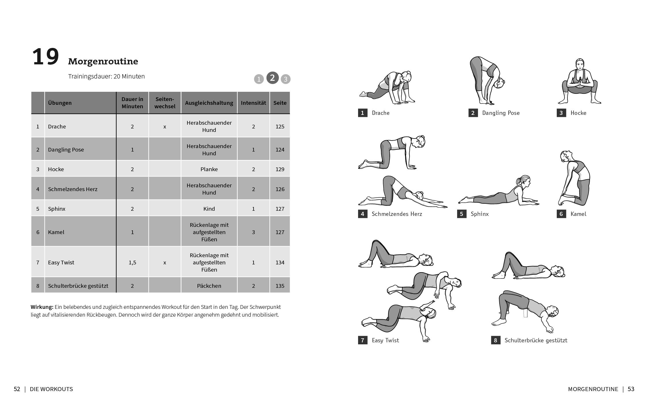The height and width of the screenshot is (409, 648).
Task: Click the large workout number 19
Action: tap(46, 57)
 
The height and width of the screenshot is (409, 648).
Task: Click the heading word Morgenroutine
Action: tap(103, 61)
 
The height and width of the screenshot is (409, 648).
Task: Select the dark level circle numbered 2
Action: tap(272, 78)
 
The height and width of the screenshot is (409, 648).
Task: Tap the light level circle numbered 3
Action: tap(286, 79)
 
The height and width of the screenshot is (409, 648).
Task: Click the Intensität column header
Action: tap(253, 103)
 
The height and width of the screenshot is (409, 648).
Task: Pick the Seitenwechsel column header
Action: tap(165, 103)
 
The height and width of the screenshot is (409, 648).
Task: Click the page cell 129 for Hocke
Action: tap(280, 169)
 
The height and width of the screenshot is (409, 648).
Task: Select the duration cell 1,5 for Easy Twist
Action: tap(132, 262)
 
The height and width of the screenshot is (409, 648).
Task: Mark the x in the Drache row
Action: tap(165, 126)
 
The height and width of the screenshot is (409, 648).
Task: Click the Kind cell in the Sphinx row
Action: tap(209, 209)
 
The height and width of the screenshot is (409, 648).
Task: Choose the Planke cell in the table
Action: tap(209, 169)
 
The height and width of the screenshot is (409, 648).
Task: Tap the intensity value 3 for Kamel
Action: tap(253, 232)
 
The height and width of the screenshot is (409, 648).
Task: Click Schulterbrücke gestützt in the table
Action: tap(78, 286)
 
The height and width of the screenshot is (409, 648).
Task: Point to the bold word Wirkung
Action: tap(42, 307)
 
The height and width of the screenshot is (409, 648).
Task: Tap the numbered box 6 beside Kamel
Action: tap(561, 214)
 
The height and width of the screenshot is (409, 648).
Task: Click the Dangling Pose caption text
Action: tap(501, 113)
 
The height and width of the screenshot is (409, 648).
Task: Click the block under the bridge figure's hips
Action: tap(525, 313)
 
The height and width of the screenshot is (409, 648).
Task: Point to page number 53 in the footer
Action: tap(631, 389)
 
